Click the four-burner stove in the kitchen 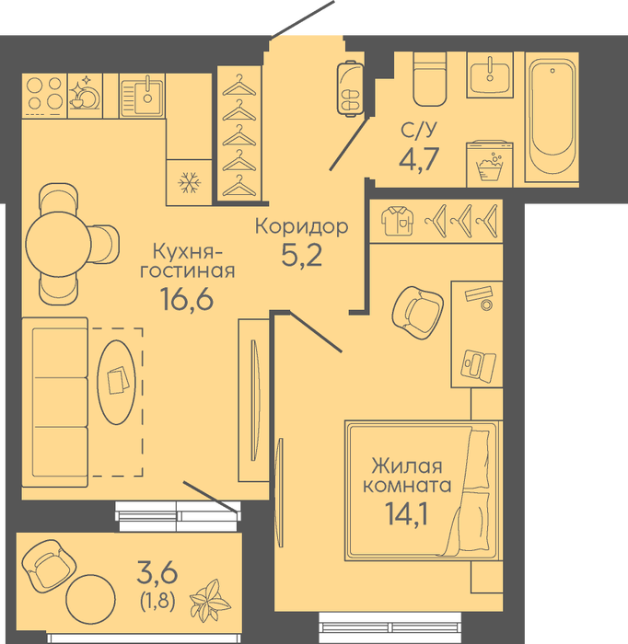pos(44,96)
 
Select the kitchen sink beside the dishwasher pos(142,96)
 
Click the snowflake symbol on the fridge pos(189,182)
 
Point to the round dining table pos(58,245)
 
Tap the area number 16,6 pos(187,299)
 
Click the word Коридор pos(302,226)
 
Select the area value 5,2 pos(302,256)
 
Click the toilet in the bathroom pos(429,80)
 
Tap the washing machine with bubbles pos(490,165)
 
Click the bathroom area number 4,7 pos(419,158)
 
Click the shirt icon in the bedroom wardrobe pos(398,221)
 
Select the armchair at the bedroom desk pos(417,313)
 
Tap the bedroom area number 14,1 pos(407,513)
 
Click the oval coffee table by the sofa pos(116,383)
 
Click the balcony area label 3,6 pos(157,573)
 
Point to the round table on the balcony pos(90,600)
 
